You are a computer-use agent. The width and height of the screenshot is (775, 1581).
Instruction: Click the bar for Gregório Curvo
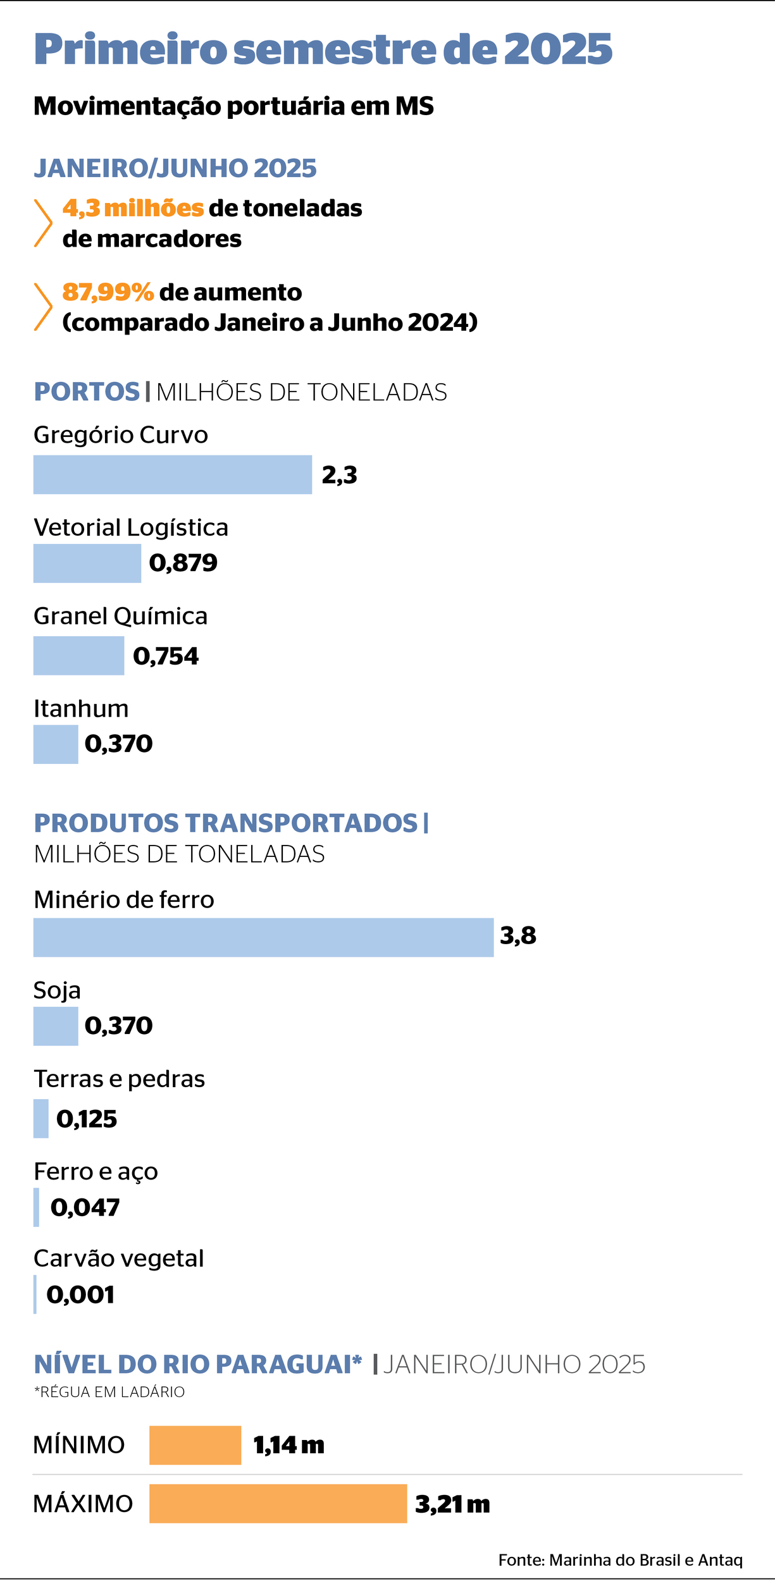(x=172, y=474)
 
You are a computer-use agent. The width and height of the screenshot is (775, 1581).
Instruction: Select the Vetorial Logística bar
(x=87, y=563)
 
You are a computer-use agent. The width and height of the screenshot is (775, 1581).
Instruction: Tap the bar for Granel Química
(x=78, y=655)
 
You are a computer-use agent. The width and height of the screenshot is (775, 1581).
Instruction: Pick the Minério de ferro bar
(x=263, y=937)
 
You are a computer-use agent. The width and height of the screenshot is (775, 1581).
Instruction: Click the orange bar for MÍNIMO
(x=195, y=1445)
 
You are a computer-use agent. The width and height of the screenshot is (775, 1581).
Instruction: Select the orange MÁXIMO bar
(x=278, y=1503)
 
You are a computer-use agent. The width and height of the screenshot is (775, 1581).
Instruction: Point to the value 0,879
(x=183, y=563)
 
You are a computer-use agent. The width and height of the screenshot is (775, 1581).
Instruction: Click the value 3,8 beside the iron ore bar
(x=518, y=936)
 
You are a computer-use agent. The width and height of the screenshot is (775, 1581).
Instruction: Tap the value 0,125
(x=87, y=1119)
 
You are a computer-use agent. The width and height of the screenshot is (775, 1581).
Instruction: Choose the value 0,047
(x=85, y=1208)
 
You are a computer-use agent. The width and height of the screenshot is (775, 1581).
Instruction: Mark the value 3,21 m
(x=452, y=1504)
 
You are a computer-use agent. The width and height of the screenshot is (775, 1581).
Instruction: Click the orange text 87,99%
(x=108, y=292)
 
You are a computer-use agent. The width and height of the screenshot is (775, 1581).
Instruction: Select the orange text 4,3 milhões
(x=133, y=208)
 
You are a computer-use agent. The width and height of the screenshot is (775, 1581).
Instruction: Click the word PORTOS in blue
(x=87, y=392)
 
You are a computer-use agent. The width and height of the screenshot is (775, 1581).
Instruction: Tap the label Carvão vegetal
(x=119, y=1258)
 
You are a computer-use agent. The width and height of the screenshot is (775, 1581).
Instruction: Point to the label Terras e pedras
(x=119, y=1079)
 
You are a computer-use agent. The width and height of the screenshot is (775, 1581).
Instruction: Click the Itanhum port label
(x=81, y=709)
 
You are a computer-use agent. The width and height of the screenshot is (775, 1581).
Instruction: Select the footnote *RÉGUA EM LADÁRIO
(x=109, y=1392)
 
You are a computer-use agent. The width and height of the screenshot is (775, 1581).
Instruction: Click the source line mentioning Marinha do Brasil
(x=620, y=1560)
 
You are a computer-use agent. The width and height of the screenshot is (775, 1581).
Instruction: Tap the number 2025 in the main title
(x=558, y=49)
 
